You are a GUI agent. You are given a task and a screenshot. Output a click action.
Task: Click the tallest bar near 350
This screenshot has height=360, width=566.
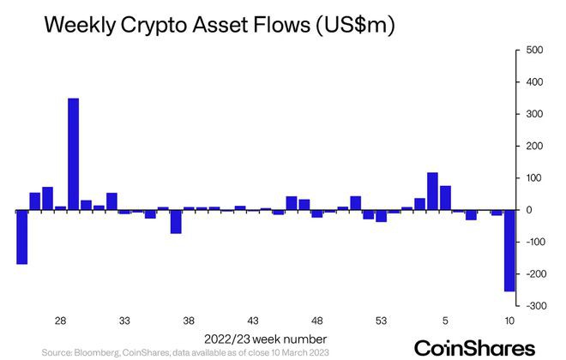tap(73, 154)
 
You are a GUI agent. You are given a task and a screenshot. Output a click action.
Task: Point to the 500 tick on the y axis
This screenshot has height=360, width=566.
tap(533, 51)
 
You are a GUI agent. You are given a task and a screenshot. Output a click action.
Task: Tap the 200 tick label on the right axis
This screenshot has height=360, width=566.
tap(533, 147)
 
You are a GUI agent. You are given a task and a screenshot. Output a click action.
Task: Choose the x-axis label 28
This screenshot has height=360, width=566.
tap(61, 321)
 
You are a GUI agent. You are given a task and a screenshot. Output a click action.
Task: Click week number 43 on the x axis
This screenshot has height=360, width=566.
tap(253, 321)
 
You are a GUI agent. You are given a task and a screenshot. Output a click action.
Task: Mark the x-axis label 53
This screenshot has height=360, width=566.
tap(382, 321)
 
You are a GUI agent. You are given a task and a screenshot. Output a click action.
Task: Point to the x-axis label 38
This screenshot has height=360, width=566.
tap(189, 321)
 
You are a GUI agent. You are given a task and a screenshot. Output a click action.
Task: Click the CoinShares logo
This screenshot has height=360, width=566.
tap(474, 347)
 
